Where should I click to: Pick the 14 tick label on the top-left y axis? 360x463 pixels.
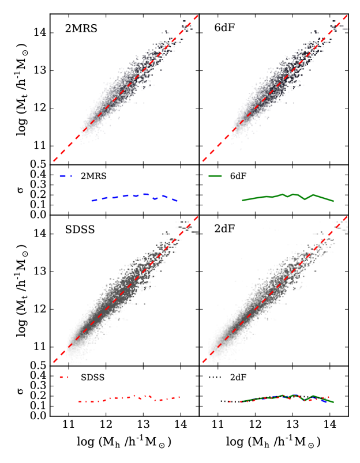click(x=40, y=33)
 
